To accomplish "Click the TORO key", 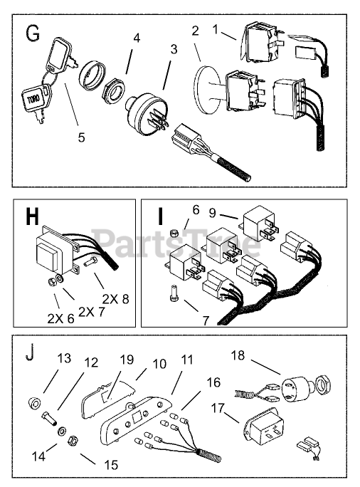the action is (34, 101).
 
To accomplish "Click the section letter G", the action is (33, 33).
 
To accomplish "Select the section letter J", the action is (29, 353).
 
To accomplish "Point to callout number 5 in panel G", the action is (81, 137).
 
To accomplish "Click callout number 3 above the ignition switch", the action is (174, 49).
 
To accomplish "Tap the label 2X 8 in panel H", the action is (115, 299).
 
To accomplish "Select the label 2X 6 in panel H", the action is (60, 318).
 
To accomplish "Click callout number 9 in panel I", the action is (212, 214).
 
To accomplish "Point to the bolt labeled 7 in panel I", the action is (174, 293).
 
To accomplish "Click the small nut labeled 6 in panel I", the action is (175, 232).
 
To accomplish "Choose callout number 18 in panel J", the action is (238, 355).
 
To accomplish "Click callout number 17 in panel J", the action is (218, 408).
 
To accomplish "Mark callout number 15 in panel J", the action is (111, 465).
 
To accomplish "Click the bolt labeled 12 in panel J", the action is (49, 418).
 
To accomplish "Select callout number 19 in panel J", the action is (127, 360).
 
